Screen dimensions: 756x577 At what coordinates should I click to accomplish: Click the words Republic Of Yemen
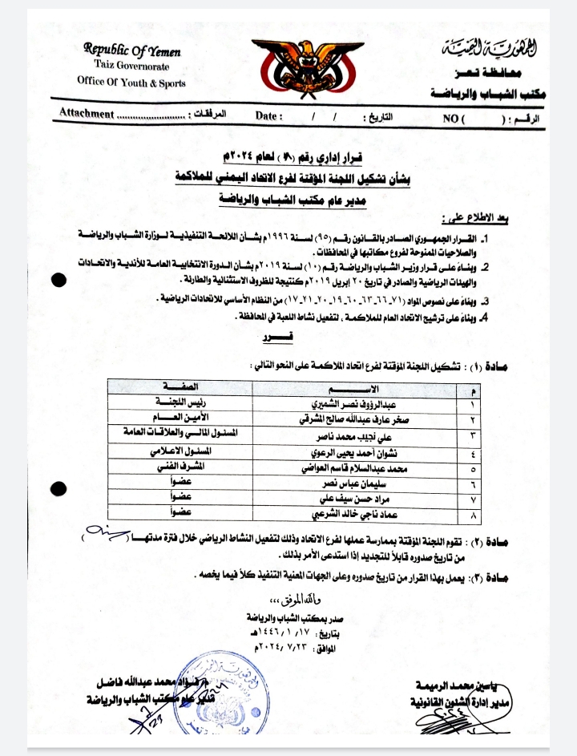[x=132, y=49]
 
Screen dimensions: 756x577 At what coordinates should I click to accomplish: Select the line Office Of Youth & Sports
[x=131, y=81]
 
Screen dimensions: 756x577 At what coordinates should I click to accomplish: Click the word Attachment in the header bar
[x=87, y=113]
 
